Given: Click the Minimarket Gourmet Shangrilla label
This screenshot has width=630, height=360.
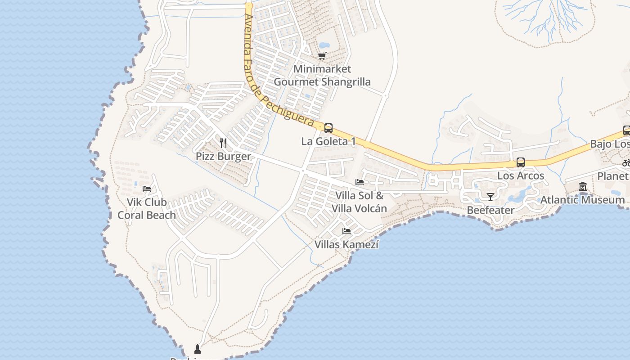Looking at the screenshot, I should coord(322,76).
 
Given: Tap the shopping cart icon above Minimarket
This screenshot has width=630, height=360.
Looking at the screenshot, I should coord(322,56).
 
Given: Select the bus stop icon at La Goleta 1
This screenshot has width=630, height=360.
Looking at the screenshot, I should coord(328,128).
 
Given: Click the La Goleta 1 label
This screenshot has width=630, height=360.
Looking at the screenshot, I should coord(328,142).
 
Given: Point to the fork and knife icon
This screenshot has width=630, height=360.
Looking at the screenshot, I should coord(223,143).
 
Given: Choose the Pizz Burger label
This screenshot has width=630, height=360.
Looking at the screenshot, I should coord(223,157).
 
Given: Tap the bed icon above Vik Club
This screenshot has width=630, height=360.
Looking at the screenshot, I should coord(147,189).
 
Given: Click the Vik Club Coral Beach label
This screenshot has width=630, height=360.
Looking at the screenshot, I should coord(147,209).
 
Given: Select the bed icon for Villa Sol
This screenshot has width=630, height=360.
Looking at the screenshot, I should coord(360,182).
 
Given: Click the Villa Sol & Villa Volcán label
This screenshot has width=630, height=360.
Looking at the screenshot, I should coord(360,202).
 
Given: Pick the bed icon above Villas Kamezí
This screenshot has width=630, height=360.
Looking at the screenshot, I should coord(346,231).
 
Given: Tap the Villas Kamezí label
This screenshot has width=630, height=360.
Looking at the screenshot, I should coord(346,245).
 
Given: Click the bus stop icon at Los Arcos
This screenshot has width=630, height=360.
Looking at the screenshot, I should coord(521,162).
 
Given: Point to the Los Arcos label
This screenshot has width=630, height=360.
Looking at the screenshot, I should coord(521,176).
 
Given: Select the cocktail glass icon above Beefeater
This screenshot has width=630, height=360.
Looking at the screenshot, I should coord(490,197).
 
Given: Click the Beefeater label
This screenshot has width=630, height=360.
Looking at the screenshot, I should coord(490,210).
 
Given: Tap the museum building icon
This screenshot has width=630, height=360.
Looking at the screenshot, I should coord(583,186).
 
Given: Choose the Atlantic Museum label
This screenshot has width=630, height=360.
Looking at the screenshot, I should coord(583,200).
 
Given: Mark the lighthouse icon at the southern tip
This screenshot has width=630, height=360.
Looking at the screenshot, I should coord(197,349).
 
